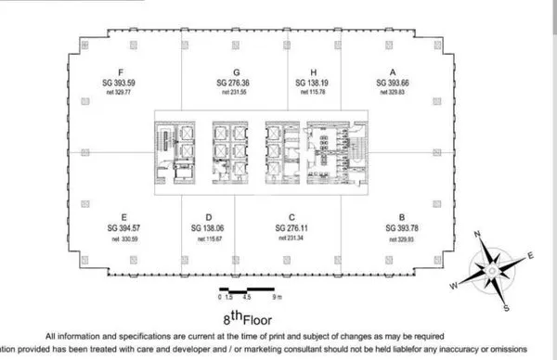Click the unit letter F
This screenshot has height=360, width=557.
point(122,71)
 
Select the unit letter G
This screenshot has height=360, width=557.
point(237,71)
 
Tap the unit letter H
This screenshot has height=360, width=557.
point(314,71)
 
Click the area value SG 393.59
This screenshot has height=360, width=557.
point(122,83)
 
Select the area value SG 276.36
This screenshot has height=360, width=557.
point(237,83)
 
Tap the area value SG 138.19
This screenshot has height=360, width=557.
point(314,83)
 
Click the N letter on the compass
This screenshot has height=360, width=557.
point(476,235)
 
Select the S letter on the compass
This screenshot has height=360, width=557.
point(506,306)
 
